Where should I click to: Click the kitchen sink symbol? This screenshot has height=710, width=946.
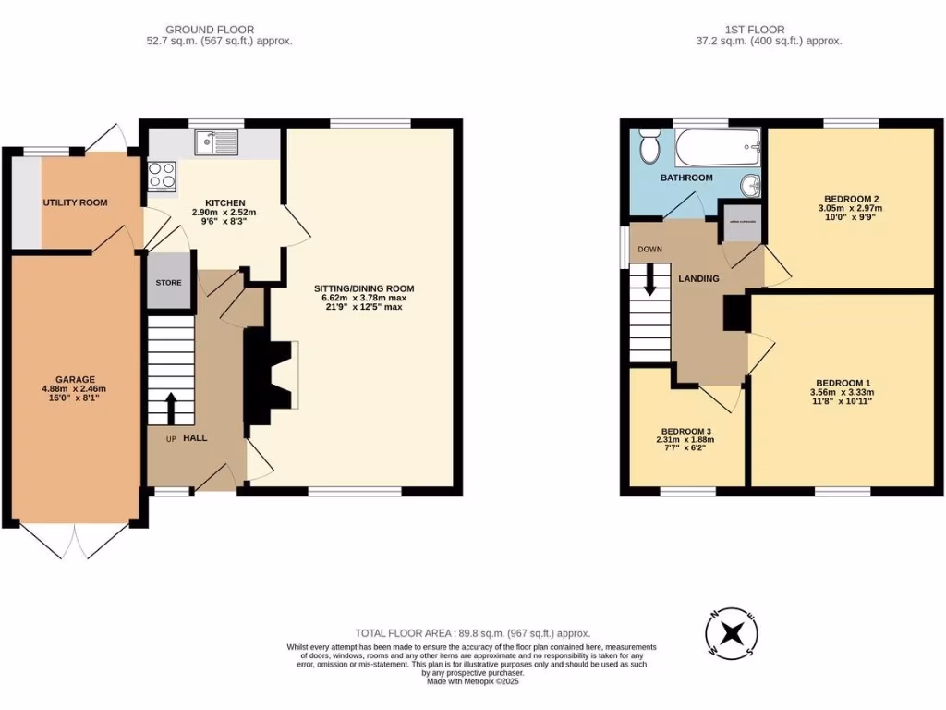[216, 142]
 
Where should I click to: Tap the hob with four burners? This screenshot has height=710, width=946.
[162, 176]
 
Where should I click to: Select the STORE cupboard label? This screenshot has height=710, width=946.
[169, 283]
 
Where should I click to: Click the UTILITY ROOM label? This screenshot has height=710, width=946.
[75, 202]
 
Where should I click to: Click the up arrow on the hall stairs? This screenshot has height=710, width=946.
[172, 406]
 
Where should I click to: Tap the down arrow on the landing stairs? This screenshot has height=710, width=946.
[649, 280]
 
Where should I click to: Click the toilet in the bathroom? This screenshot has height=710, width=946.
[649, 146]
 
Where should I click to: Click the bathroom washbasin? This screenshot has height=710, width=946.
[753, 185]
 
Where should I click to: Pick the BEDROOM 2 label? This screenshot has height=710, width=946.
[851, 199]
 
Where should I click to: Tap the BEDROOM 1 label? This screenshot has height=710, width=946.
[843, 383]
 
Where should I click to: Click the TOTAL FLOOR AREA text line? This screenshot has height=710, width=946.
[472, 633]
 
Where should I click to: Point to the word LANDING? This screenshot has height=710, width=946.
[700, 278]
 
